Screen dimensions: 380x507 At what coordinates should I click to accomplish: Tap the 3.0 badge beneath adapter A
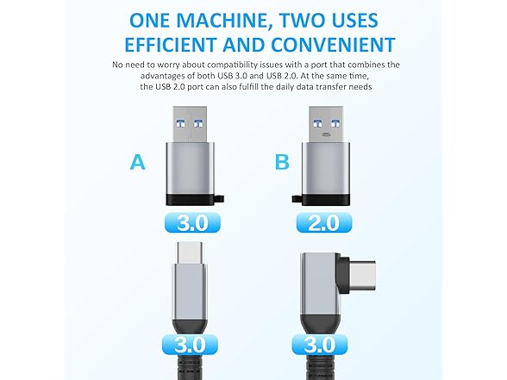(199, 223)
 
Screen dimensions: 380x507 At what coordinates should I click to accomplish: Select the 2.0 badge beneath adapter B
(322, 223)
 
